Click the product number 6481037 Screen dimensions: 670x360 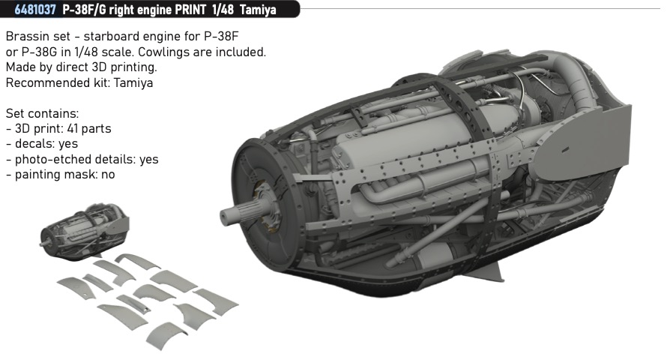tap(35, 10)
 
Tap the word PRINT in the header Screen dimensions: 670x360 tap(190, 10)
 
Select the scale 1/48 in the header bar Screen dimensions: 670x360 tap(223, 10)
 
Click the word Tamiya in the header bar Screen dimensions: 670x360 tap(258, 10)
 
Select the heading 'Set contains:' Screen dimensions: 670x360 tap(42, 113)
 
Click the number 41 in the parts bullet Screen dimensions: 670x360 tap(73, 129)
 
